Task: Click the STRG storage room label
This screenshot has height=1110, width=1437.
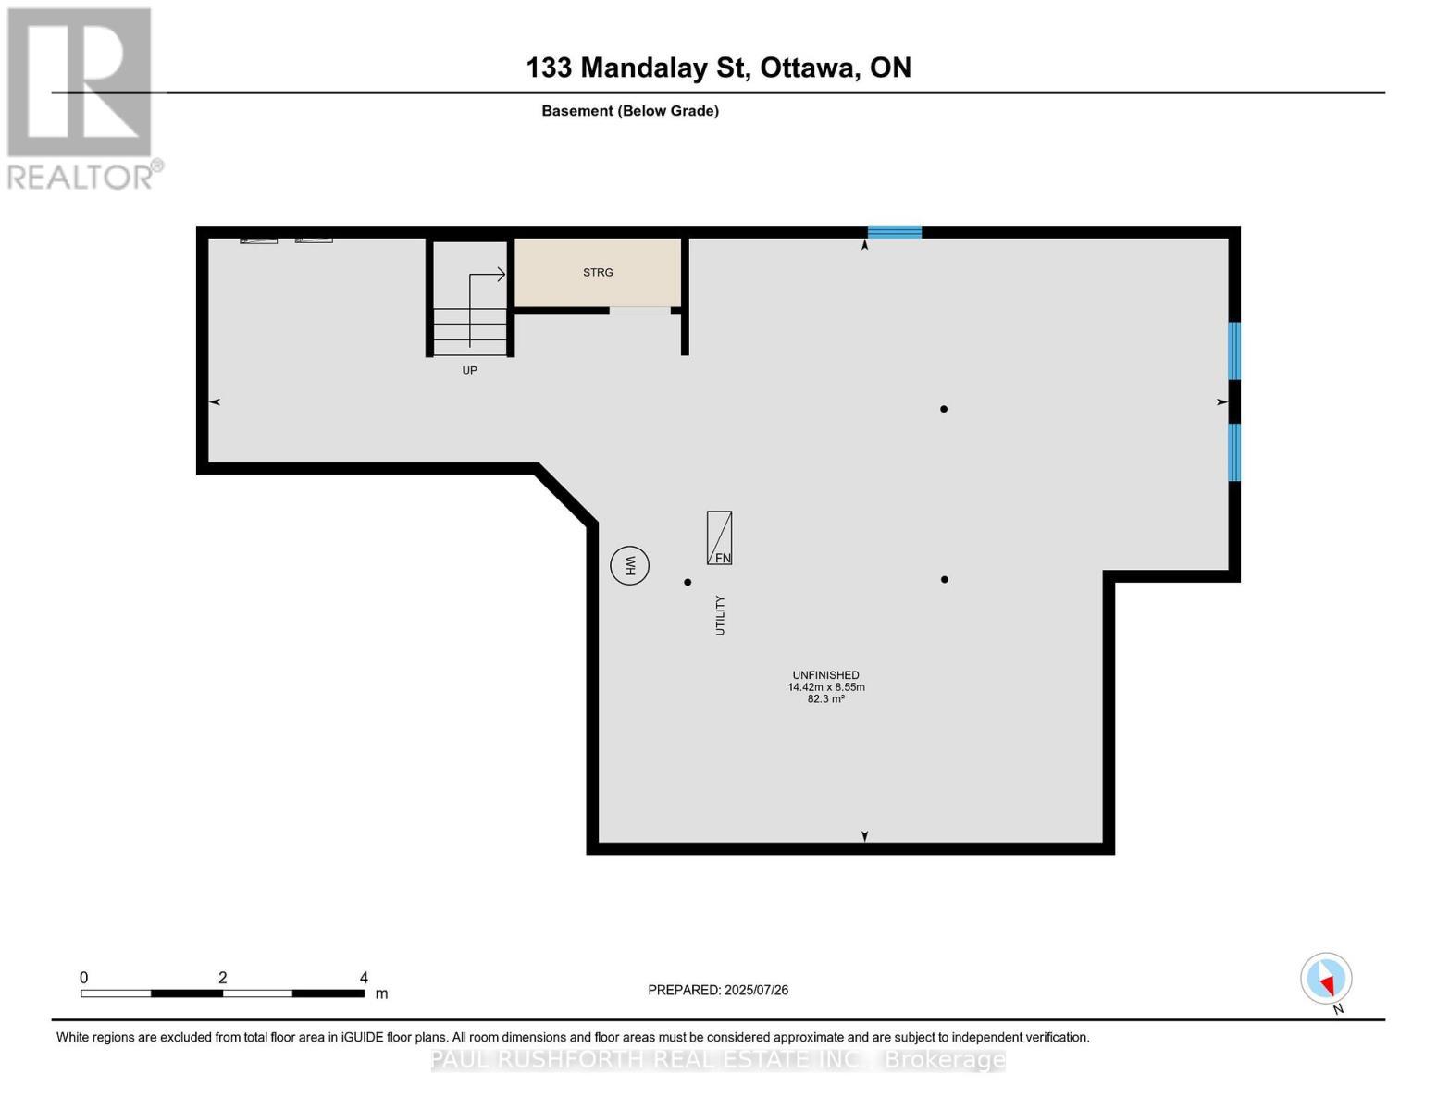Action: point(598,273)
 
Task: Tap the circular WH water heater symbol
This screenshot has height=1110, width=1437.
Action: point(630,565)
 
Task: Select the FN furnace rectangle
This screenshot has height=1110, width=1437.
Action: point(719,537)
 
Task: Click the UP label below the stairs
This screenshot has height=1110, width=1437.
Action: point(469,371)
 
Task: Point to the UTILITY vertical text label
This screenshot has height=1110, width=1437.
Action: point(720,615)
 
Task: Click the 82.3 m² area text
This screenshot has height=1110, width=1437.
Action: point(825,699)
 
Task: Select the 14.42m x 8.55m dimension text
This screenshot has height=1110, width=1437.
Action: point(825,687)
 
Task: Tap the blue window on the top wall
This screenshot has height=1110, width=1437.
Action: point(894,232)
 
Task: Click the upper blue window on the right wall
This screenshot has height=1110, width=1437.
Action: point(1233,351)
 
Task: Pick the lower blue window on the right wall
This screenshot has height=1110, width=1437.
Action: point(1233,452)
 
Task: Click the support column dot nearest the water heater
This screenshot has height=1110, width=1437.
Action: point(688,582)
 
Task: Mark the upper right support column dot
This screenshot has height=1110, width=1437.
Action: point(944,409)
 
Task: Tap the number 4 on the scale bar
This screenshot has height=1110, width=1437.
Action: point(364,978)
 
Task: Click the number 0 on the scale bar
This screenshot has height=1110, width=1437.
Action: point(84,978)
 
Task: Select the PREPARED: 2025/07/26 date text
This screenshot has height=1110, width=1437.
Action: point(718,991)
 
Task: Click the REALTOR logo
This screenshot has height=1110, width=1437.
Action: point(81,97)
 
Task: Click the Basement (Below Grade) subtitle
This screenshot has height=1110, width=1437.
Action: point(630,111)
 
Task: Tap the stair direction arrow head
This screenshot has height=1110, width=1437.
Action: point(502,275)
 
